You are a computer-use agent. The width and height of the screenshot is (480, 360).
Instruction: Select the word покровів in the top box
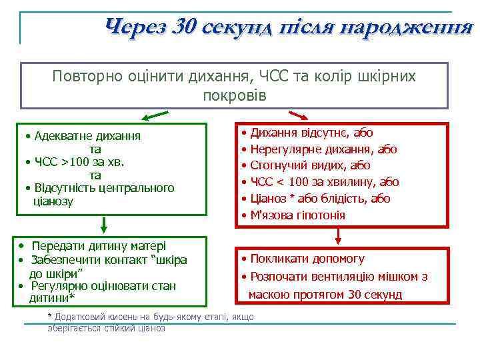pyautogui.click(x=234, y=95)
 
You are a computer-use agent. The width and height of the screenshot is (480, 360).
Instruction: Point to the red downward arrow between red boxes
pyautogui.click(x=339, y=235)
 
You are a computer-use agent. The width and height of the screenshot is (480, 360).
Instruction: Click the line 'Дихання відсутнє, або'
pyautogui.click(x=311, y=133)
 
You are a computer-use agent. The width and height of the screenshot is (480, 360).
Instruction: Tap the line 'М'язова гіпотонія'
pyautogui.click(x=297, y=215)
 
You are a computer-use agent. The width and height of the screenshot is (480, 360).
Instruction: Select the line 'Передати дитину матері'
pyautogui.click(x=99, y=246)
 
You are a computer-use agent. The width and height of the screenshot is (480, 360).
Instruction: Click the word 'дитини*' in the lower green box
pyautogui.click(x=52, y=297)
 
